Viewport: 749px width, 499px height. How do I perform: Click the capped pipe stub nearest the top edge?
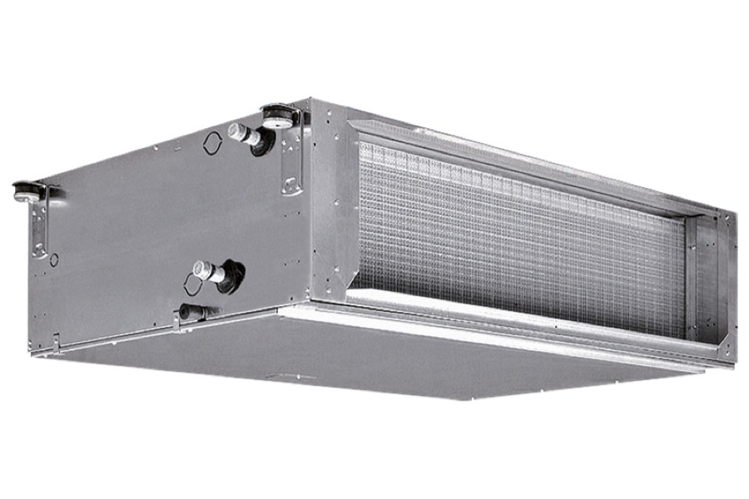coord(242,133)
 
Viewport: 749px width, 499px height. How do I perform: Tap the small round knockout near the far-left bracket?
coord(54,259)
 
